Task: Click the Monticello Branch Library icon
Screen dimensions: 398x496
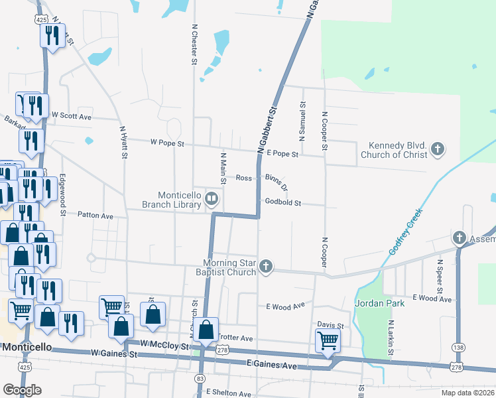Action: tap(212, 197)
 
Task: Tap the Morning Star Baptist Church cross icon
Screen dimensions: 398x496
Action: tap(265, 267)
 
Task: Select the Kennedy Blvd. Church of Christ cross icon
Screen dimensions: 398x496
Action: tap(437, 150)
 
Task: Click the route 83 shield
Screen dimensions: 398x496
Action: tap(200, 377)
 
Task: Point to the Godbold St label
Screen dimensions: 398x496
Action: tap(283, 202)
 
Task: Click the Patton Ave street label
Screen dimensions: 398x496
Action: tap(95, 216)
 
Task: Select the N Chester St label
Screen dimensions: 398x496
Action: tap(194, 45)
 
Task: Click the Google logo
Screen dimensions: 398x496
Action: tap(22, 390)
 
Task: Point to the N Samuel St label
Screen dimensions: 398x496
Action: tap(302, 121)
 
